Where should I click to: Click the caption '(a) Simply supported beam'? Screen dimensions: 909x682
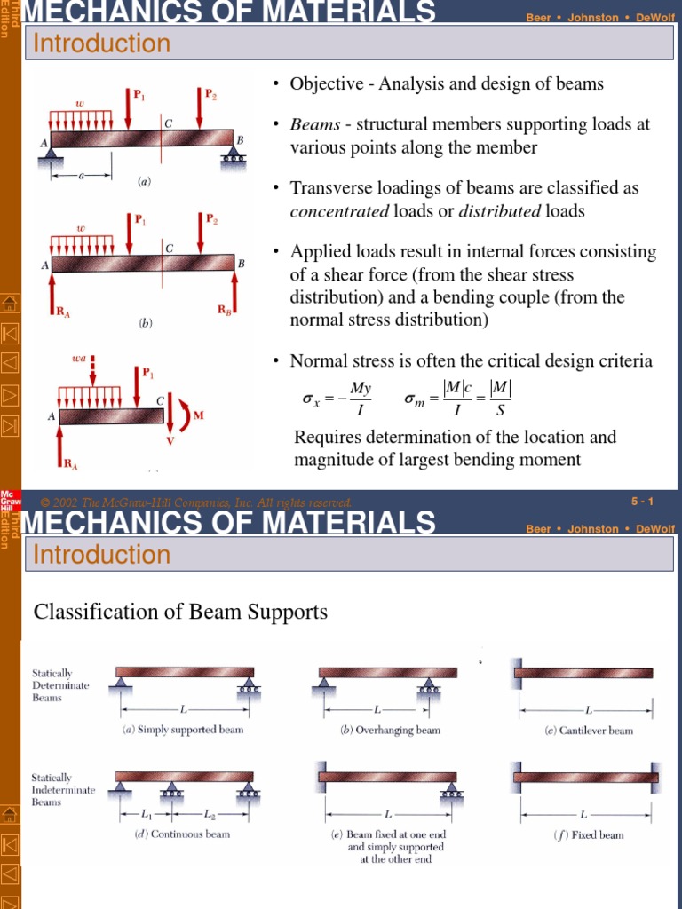pyautogui.click(x=182, y=730)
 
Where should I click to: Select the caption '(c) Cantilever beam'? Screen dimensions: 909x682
pyautogui.click(x=589, y=731)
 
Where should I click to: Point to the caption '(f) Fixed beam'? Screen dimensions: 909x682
pyautogui.click(x=587, y=834)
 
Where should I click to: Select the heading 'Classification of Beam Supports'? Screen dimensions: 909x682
pyautogui.click(x=180, y=612)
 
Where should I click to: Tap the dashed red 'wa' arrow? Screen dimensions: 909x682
pyautogui.click(x=92, y=371)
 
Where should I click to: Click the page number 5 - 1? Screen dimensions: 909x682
pyautogui.click(x=642, y=502)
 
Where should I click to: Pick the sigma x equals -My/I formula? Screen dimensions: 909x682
pyautogui.click(x=337, y=399)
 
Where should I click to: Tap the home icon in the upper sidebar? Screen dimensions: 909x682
pyautogui.click(x=10, y=304)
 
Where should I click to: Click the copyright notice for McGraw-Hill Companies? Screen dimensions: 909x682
pyautogui.click(x=192, y=502)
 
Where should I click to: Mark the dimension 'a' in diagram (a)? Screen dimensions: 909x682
pyautogui.click(x=81, y=176)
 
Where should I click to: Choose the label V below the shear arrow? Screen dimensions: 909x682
pyautogui.click(x=170, y=440)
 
